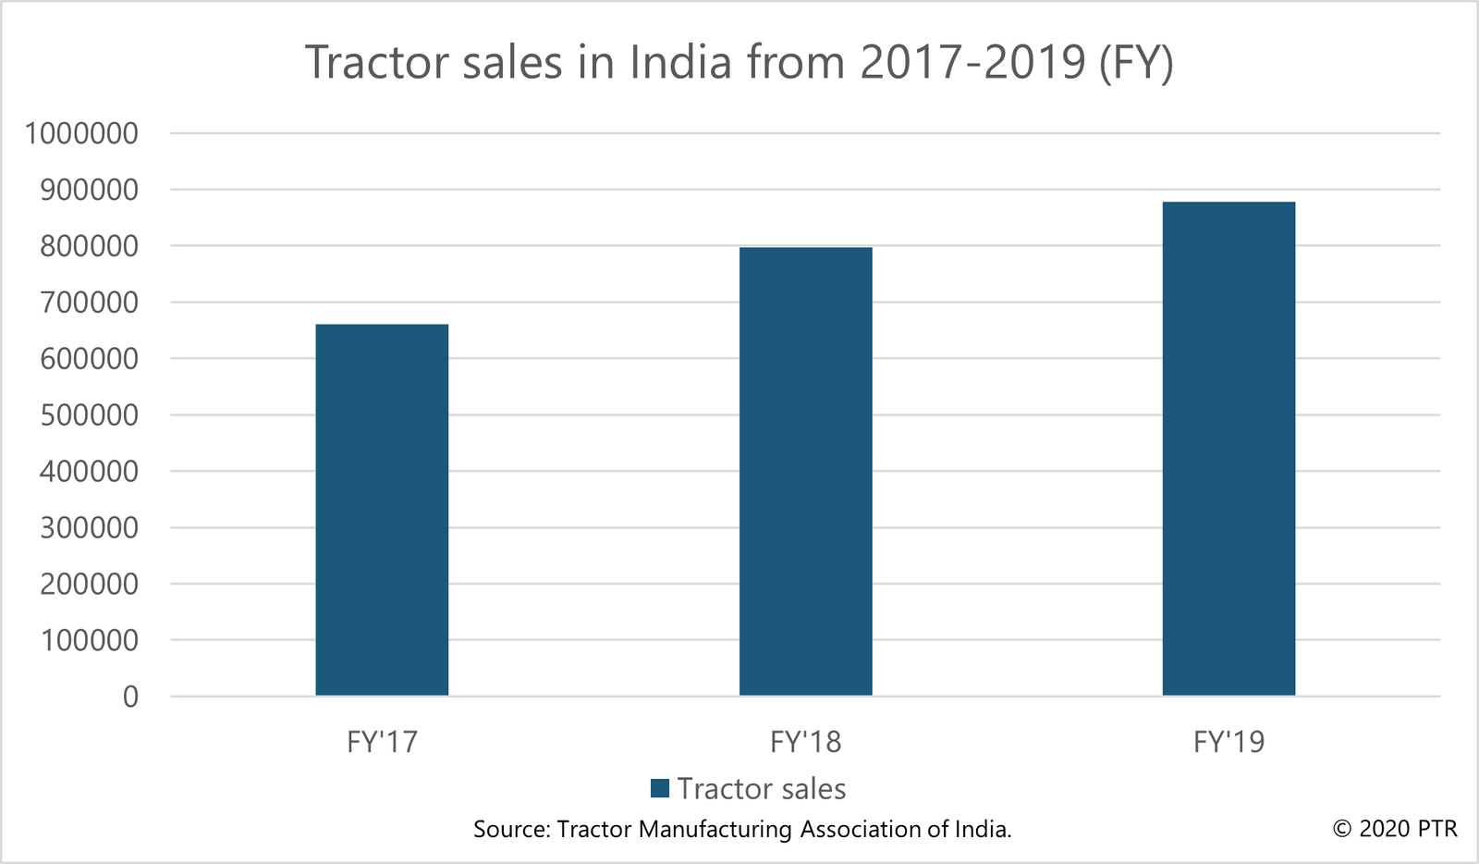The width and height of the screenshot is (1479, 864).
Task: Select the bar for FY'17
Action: coord(382,510)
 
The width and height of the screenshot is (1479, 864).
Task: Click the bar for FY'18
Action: coord(805,471)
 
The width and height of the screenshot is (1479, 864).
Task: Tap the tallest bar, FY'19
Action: coord(1228,449)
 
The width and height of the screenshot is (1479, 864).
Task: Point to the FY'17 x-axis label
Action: coord(382,742)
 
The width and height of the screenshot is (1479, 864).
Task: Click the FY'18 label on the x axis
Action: coord(805,742)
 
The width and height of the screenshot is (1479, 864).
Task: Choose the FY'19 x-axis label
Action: coord(1228,742)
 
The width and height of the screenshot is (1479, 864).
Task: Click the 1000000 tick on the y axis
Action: coord(81,133)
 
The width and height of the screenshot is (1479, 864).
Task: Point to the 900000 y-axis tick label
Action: coord(89,190)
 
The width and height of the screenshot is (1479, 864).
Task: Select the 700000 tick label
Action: coord(89,302)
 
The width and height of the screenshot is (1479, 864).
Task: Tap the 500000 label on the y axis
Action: coord(89,415)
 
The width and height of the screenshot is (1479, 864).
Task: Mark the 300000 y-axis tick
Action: coord(89,528)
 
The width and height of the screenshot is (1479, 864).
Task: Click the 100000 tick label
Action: coord(89,640)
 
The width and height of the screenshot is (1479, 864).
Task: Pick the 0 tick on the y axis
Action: coord(130,697)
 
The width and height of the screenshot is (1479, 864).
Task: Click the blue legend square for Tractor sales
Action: coord(659,788)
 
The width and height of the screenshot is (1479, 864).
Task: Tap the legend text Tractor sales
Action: coord(762,788)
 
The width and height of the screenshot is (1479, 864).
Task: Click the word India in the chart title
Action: coord(680,62)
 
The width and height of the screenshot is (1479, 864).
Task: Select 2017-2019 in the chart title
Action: coord(972,62)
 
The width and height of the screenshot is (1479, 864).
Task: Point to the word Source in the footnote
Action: coord(510,829)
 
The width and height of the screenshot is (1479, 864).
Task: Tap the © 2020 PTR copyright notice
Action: coord(1395,828)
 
